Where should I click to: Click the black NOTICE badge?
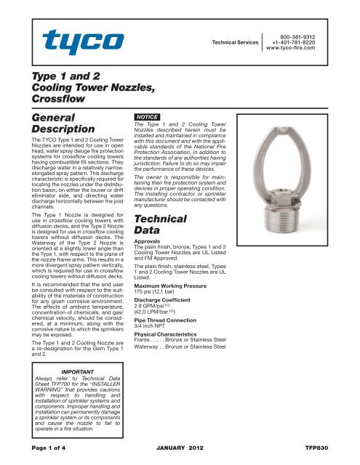[x=140, y=116]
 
